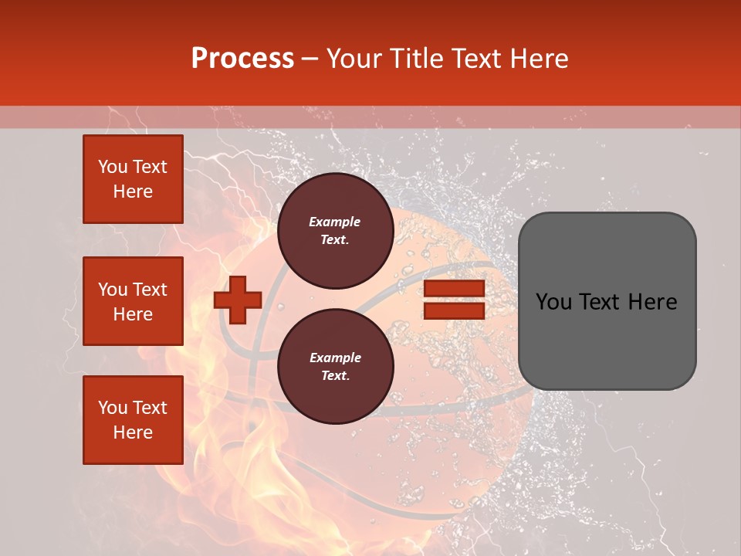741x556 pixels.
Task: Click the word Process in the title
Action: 242,59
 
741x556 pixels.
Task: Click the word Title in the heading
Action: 414,59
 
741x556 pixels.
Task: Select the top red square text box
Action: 133,179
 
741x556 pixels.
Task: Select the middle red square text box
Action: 133,301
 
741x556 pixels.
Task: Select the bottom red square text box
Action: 133,420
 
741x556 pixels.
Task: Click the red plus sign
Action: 238,300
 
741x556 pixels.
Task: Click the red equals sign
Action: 454,300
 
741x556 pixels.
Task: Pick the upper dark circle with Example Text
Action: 335,231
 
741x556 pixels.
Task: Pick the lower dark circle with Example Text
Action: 335,367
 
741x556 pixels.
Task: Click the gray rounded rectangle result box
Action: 607,301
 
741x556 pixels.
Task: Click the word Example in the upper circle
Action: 335,222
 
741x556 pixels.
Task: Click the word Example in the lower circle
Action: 335,358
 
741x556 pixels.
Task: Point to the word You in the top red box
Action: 113,167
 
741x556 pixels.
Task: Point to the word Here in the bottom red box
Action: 133,432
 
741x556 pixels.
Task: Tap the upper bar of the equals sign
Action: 454,289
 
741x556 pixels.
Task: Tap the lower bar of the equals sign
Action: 454,310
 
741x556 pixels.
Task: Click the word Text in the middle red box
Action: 150,290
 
